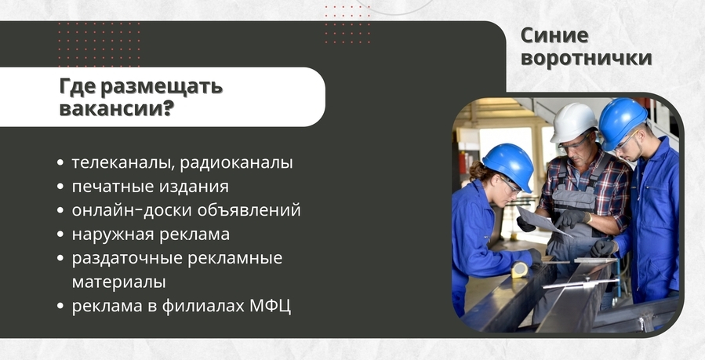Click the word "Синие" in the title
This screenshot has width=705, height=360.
tap(554, 35)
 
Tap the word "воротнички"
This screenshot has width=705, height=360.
tap(587, 58)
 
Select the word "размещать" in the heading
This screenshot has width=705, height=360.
tap(162, 87)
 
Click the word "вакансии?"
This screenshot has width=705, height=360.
tap(116, 108)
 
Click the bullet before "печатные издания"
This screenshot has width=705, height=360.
tap(60, 187)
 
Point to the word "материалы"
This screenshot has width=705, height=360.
tap(118, 282)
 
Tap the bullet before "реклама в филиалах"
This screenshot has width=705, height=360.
tap(60, 306)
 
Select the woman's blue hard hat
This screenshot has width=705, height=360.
tap(510, 164)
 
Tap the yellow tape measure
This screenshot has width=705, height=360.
tap(519, 270)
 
